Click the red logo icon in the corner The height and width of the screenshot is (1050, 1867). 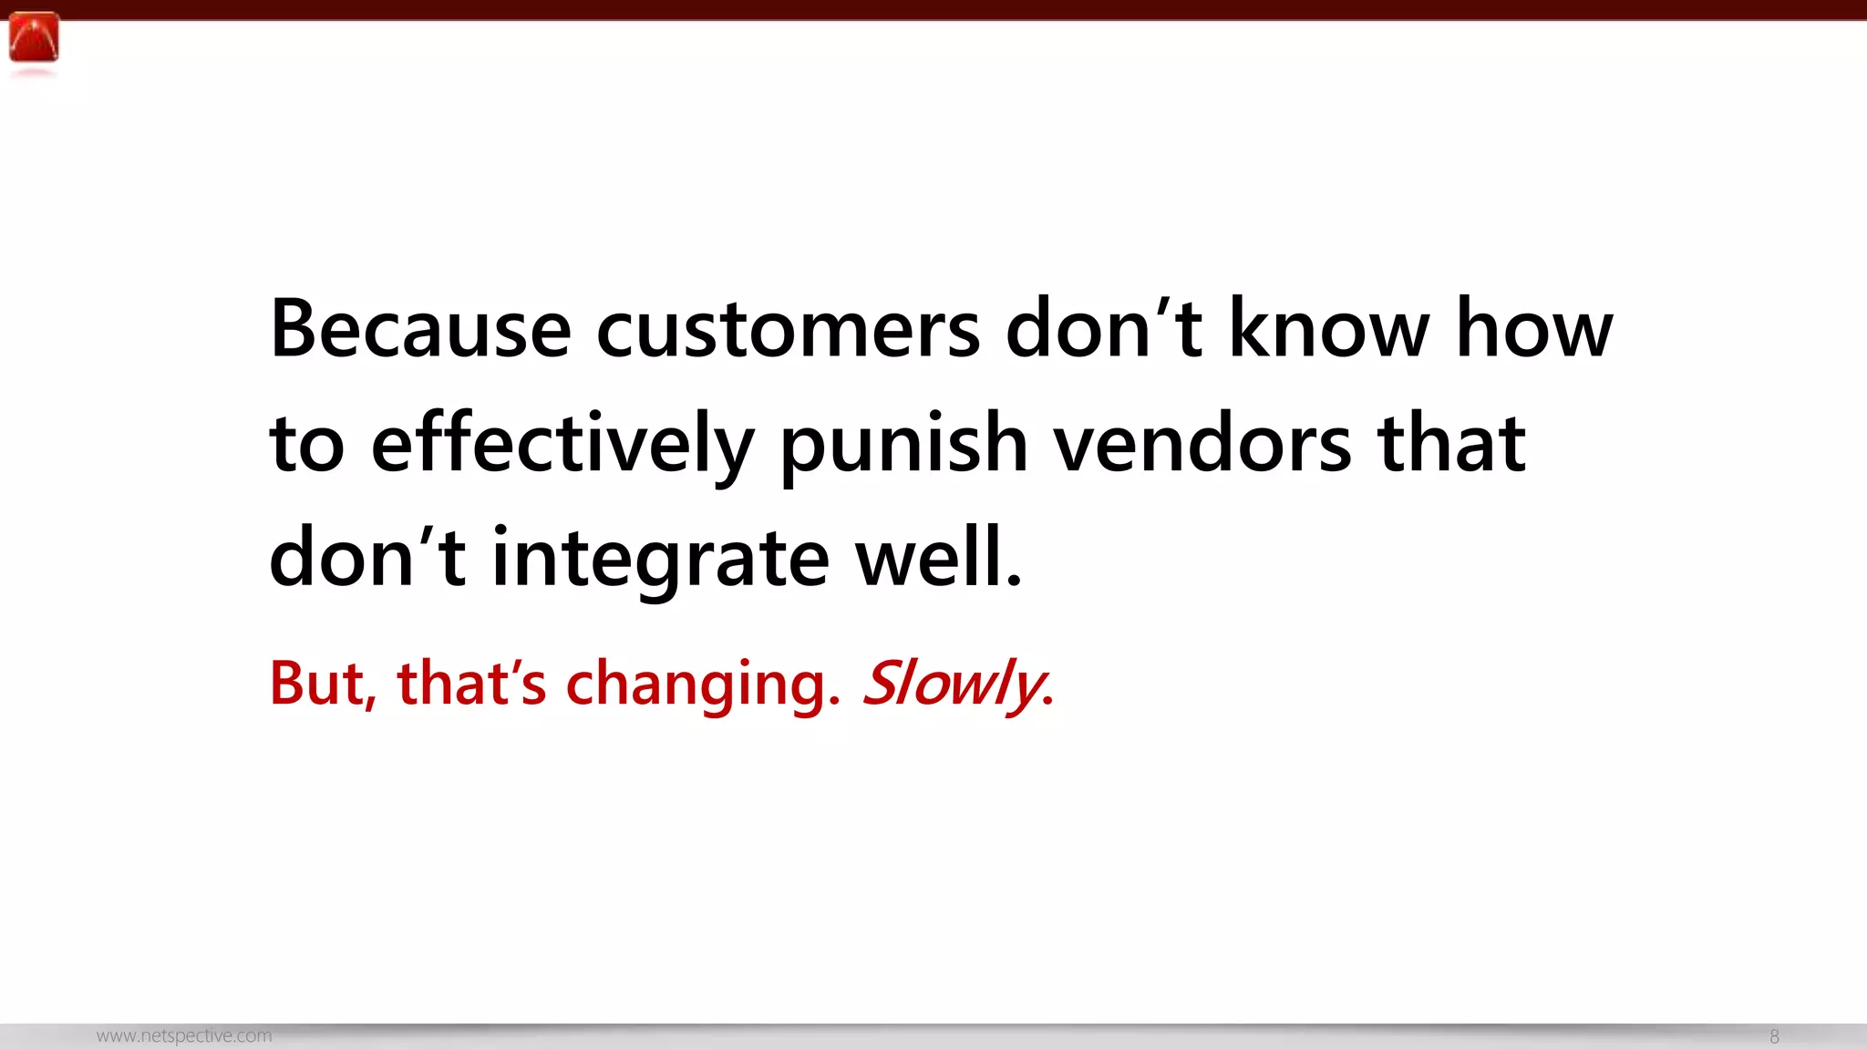[34, 38]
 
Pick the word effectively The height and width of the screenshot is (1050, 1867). [562, 445]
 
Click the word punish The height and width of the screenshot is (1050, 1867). [903, 445]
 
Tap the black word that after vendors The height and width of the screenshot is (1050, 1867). [1451, 445]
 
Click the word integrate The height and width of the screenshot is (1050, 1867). [660, 559]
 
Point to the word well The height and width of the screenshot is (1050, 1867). [938, 559]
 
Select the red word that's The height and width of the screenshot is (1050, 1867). [471, 683]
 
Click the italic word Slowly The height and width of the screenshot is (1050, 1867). [956, 683]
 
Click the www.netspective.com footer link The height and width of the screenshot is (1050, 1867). [184, 1036]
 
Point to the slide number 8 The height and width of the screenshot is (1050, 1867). [1774, 1036]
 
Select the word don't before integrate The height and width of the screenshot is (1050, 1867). [367, 559]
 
